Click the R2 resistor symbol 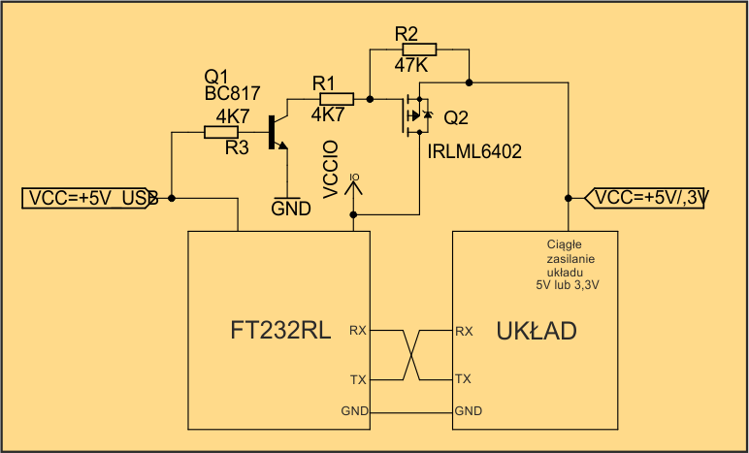[x=419, y=49]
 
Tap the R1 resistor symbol [x=337, y=99]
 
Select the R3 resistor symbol [x=221, y=132]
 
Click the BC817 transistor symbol [x=277, y=133]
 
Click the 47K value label [x=411, y=66]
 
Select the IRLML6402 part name [x=474, y=151]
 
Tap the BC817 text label [x=233, y=93]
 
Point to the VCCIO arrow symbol [x=354, y=184]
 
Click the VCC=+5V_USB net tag [x=91, y=199]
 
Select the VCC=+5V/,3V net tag [x=647, y=198]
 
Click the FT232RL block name [x=280, y=331]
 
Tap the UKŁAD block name [x=537, y=331]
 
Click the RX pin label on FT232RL [x=358, y=330]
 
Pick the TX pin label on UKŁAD [x=463, y=379]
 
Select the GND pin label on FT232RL [x=354, y=410]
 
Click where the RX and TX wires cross [x=411, y=355]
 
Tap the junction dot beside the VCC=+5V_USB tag [x=172, y=198]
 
